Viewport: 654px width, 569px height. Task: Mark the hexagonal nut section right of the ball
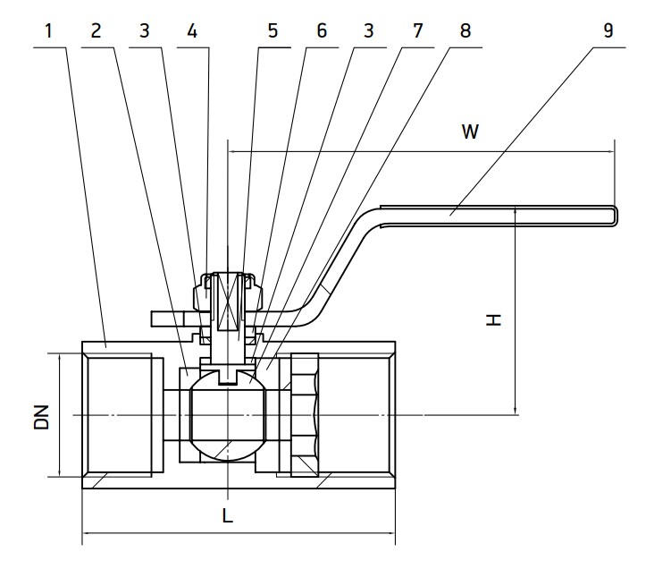[x=304, y=416]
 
